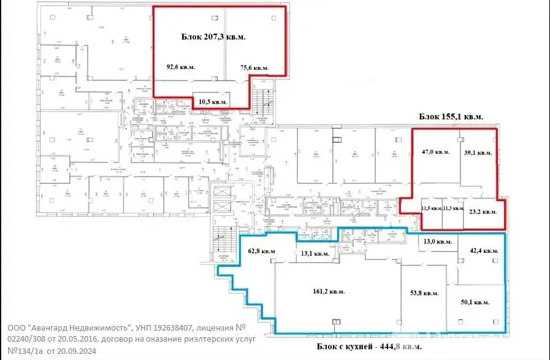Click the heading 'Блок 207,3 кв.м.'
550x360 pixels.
point(213,37)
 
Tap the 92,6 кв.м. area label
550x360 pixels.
point(181,67)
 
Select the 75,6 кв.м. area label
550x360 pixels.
point(253,68)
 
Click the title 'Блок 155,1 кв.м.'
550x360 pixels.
point(451,116)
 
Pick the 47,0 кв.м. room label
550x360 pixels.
point(435,151)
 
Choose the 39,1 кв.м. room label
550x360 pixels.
point(476,153)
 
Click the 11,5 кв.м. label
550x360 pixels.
point(432,209)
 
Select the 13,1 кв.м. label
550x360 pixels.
point(313,253)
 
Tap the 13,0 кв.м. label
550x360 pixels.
point(438,242)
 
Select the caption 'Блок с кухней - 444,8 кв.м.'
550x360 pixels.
point(370,347)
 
